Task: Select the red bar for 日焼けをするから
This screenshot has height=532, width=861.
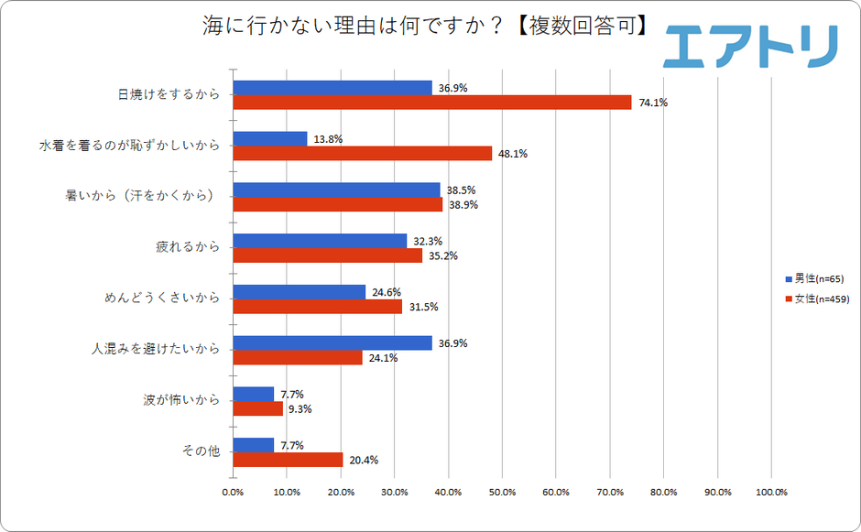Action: (432, 103)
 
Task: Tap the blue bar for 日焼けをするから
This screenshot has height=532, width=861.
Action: (332, 88)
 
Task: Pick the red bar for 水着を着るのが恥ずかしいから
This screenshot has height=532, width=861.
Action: (363, 154)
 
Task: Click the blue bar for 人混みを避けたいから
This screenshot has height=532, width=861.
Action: (332, 343)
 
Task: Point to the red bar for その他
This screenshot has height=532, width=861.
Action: (289, 460)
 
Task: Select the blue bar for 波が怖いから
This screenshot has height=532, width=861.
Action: (254, 394)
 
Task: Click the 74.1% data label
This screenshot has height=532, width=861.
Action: (654, 103)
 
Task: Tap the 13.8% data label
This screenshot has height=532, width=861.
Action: (328, 139)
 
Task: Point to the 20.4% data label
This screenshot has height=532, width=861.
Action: (365, 460)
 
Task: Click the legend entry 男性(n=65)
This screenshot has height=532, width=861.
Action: (818, 278)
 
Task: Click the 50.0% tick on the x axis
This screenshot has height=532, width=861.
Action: (502, 492)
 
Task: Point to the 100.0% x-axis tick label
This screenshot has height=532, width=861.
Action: (770, 492)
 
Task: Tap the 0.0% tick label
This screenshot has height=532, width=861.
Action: (234, 492)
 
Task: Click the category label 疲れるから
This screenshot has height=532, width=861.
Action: (188, 247)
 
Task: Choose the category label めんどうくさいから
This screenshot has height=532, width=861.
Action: (162, 299)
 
